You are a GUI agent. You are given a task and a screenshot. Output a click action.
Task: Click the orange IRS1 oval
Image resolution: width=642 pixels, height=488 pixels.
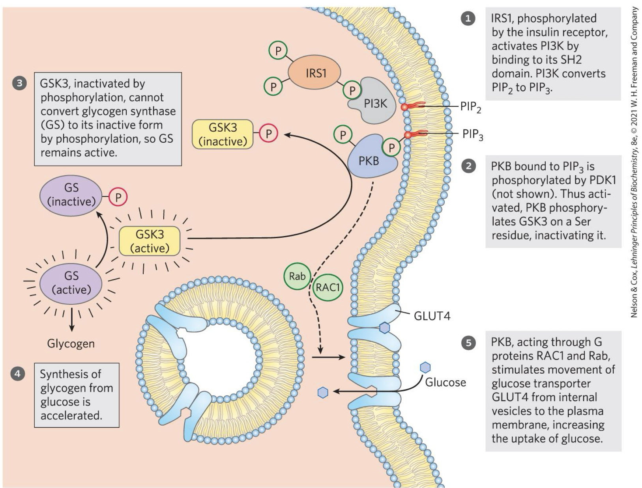(x=314, y=73)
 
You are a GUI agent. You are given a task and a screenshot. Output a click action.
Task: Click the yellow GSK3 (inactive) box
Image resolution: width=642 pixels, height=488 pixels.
(x=223, y=134)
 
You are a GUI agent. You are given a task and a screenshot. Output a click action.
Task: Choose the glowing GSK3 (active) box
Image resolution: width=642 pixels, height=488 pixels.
(x=150, y=241)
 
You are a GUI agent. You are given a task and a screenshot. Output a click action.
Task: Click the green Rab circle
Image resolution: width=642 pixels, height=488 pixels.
(x=297, y=276)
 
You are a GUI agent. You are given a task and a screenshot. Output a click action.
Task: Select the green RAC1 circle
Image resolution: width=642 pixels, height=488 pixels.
(x=328, y=287)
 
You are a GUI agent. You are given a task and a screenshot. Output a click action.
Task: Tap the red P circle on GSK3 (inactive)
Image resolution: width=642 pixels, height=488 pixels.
(x=268, y=133)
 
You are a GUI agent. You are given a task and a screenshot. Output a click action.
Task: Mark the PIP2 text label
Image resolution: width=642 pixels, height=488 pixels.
(x=471, y=107)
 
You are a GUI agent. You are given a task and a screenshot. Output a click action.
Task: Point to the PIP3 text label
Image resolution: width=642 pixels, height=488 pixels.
(x=473, y=135)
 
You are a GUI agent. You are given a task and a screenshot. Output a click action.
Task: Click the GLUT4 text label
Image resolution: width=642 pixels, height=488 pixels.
(x=432, y=316)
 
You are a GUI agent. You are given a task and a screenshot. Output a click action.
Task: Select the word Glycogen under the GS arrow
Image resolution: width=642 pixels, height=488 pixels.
(x=71, y=344)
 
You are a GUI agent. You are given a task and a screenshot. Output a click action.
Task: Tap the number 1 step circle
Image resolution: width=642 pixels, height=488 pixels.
(x=468, y=19)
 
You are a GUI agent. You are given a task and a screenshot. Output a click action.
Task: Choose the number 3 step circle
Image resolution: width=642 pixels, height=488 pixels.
(x=19, y=83)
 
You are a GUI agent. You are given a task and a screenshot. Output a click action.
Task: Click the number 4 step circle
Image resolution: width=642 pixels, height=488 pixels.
(x=17, y=374)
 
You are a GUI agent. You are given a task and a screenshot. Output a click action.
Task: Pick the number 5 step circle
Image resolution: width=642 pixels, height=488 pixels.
(x=468, y=343)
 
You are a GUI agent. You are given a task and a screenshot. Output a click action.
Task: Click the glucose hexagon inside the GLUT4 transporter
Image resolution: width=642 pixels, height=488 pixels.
(x=384, y=328)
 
